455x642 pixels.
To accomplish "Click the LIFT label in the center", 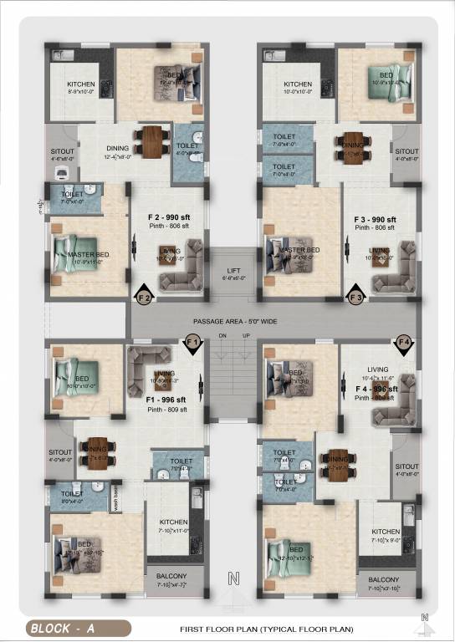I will coord(233,271).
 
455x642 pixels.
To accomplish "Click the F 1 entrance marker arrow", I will coord(192,343).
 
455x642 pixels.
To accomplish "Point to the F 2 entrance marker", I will coord(144,296).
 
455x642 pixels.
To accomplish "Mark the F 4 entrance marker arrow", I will coord(405,343).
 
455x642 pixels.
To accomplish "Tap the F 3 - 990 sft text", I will coord(374,218).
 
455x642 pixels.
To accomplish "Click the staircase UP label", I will coord(245,336).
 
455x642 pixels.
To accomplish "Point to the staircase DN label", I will coord(222,336).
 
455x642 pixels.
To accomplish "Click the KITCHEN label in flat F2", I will coord(84,84).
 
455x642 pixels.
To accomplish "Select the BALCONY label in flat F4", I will coord(383,579).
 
